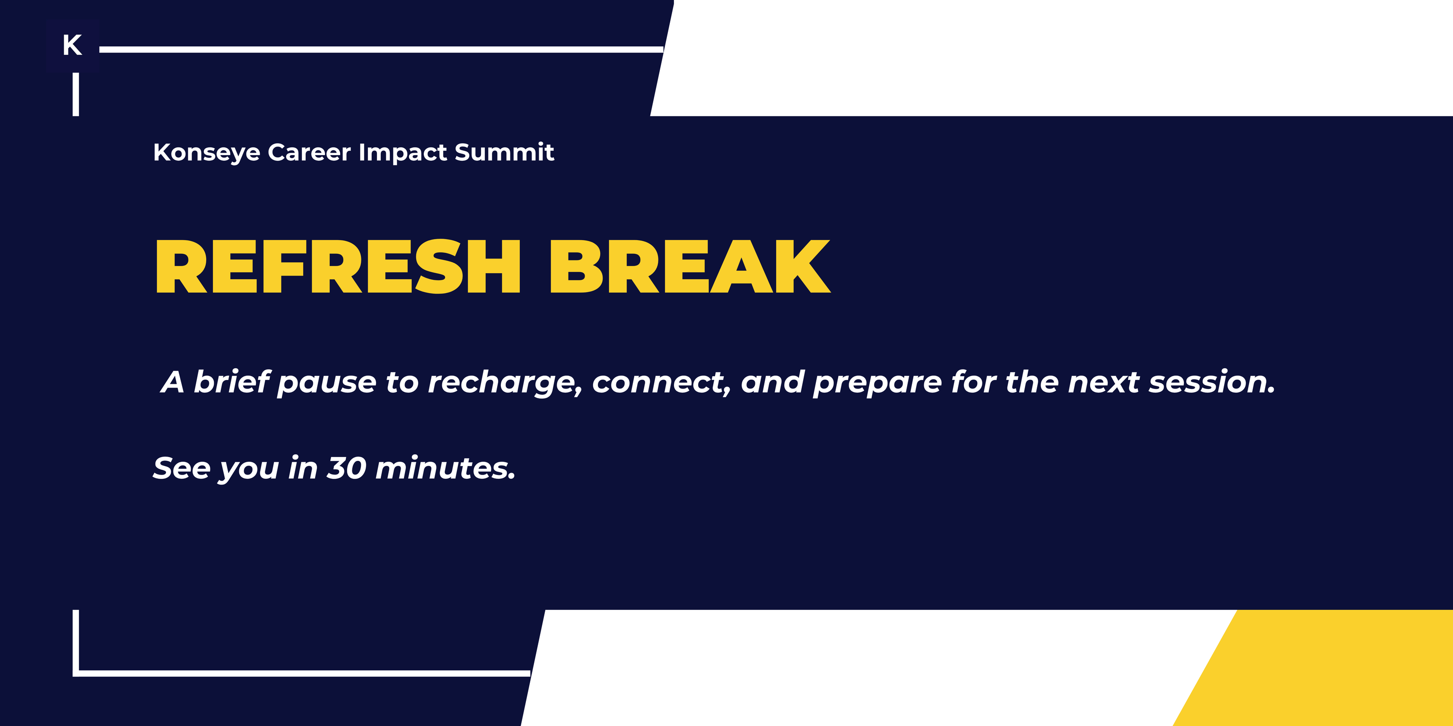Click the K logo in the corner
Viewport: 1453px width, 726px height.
72,45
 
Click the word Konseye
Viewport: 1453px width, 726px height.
206,153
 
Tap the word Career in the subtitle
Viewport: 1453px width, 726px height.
309,153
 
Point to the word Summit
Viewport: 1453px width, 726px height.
504,153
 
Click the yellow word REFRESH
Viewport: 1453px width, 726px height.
337,267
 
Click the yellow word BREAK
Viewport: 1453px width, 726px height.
689,267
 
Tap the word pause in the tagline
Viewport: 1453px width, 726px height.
327,383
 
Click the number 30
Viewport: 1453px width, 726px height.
347,468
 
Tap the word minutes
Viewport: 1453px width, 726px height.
445,468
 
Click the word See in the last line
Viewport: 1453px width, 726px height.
182,468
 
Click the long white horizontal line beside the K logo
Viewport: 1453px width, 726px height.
381,50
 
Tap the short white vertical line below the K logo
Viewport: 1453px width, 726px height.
76,95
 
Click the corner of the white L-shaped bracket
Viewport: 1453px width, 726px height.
76,673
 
